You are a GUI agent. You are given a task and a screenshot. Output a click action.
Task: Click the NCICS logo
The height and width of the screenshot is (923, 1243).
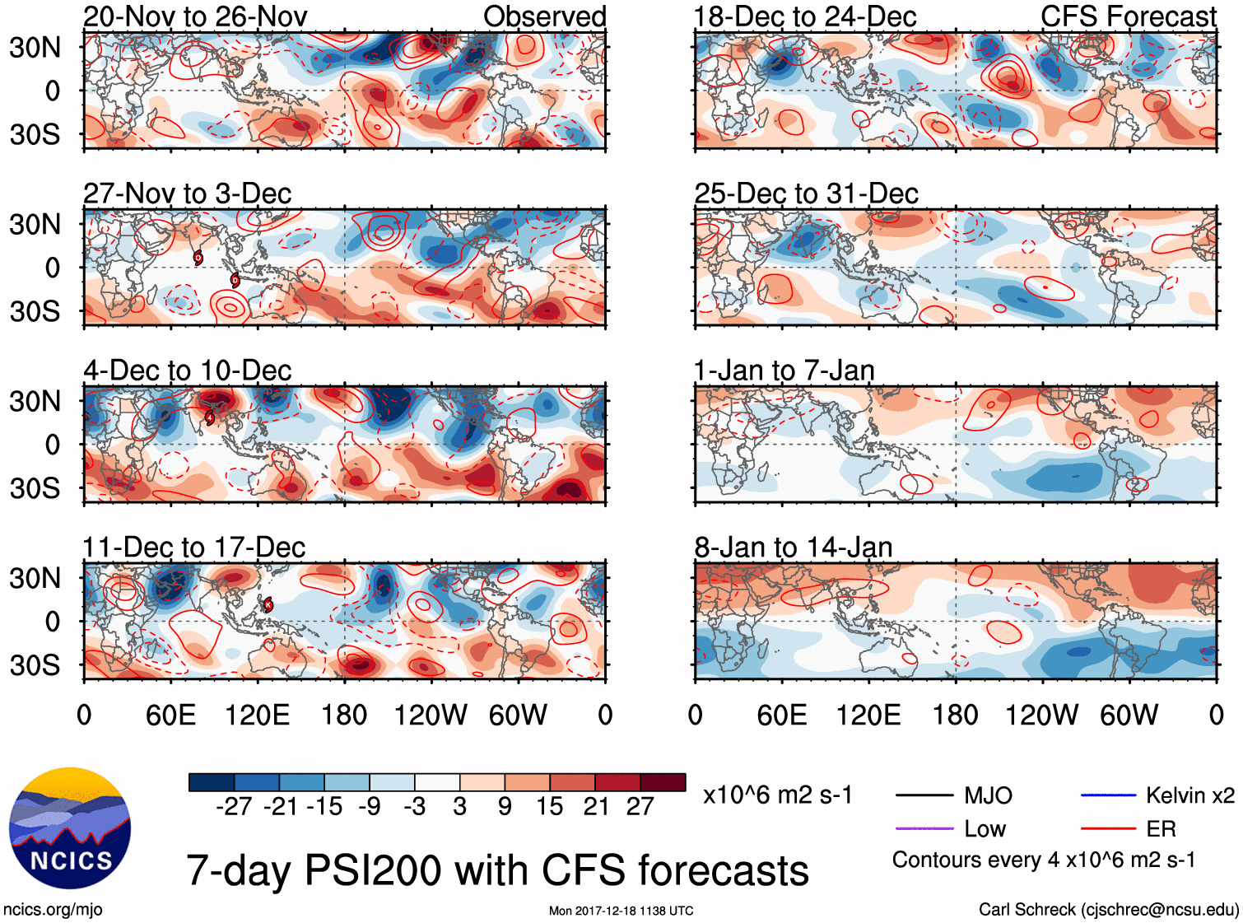(70, 828)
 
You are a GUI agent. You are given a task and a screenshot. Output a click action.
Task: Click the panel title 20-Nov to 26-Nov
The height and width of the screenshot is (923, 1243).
(195, 16)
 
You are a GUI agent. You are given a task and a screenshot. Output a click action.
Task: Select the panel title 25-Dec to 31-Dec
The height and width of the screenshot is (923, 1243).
(806, 193)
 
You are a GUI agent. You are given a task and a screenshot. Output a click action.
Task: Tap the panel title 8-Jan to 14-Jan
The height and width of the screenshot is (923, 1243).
(793, 547)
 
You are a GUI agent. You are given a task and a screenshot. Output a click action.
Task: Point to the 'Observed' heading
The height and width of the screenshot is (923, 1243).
(544, 16)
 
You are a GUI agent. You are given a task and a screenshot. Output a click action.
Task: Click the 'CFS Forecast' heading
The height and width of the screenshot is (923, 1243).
(1128, 16)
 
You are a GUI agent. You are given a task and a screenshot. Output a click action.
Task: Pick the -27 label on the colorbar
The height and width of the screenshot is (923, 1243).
(234, 806)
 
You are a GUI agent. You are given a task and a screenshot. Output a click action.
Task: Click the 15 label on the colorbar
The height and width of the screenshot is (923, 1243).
(549, 806)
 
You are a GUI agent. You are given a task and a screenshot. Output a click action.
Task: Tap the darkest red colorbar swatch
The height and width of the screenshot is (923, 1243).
(663, 782)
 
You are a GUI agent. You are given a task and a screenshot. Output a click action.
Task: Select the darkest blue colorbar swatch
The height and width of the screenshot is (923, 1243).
(212, 782)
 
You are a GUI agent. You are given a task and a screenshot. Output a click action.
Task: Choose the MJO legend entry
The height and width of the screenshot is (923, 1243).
(988, 795)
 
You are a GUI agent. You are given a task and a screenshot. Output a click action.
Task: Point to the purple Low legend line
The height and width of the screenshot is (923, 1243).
(924, 828)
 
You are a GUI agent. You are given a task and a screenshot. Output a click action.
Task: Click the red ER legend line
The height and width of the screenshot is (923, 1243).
(1108, 828)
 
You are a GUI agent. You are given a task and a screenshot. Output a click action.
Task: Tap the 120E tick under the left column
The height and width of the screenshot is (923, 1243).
(258, 715)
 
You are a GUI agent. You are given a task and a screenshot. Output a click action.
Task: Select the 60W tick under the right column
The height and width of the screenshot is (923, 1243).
(1129, 715)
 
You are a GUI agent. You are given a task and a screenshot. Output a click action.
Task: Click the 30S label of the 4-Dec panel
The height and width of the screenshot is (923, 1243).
(35, 488)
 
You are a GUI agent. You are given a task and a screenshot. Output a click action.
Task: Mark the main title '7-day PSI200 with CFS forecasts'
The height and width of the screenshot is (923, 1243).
(497, 870)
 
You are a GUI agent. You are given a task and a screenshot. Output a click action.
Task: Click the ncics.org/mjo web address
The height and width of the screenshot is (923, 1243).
(53, 910)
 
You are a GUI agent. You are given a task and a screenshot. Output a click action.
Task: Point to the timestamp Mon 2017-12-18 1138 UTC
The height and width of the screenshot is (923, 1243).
(621, 911)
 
